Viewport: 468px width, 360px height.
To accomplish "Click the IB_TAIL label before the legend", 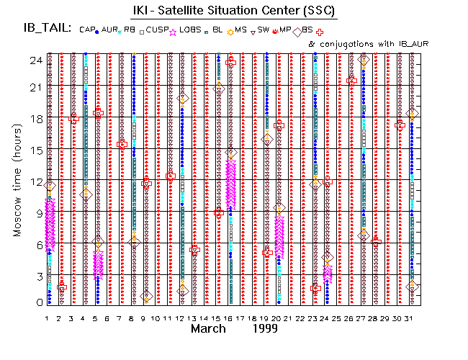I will [x=47, y=28].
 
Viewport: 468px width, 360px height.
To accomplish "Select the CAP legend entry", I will [x=88, y=30].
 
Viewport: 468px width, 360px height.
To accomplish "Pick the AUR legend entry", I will [x=109, y=30].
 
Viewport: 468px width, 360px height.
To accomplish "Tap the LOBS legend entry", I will [x=191, y=30].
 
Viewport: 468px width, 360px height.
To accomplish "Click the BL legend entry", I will [x=217, y=30].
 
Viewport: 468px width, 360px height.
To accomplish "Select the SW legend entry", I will [x=264, y=30].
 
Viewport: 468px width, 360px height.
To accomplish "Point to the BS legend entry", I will [x=307, y=30].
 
